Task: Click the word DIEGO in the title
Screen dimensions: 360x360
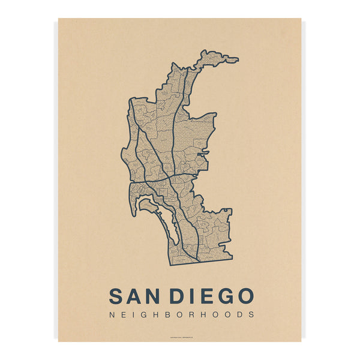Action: [212, 296]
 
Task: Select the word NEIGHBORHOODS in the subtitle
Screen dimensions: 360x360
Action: [182, 314]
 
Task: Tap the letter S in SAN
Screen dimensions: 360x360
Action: [118, 296]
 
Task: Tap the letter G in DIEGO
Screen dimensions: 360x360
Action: [223, 296]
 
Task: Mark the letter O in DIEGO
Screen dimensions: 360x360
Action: [244, 296]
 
